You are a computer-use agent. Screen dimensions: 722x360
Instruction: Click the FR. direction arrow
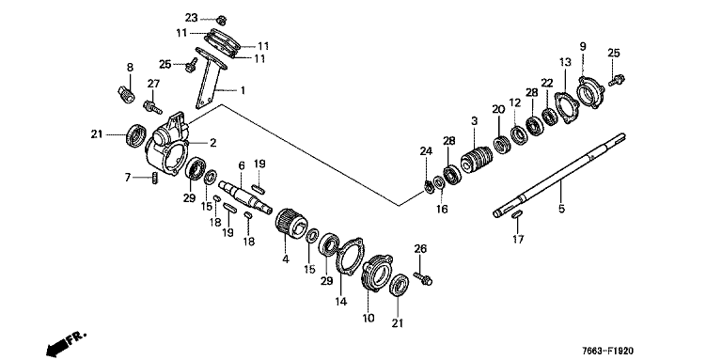pyautogui.click(x=67, y=343)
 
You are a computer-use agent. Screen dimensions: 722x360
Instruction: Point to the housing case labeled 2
pyautogui.click(x=167, y=145)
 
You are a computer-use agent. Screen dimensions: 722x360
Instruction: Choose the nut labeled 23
pyautogui.click(x=221, y=20)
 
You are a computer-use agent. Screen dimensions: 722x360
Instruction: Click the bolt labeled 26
pyautogui.click(x=423, y=278)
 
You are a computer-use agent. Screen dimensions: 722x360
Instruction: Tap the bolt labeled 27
pyautogui.click(x=153, y=108)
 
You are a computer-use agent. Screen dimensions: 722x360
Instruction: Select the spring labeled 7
pyautogui.click(x=155, y=178)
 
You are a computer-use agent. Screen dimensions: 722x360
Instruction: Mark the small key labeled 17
pyautogui.click(x=517, y=213)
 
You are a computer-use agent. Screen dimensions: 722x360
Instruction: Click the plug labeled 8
pyautogui.click(x=126, y=94)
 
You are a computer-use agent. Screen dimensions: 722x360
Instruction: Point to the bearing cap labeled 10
pyautogui.click(x=377, y=273)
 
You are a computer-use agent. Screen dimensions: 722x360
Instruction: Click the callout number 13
pyautogui.click(x=565, y=62)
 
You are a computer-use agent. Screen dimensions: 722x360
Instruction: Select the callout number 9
pyautogui.click(x=583, y=46)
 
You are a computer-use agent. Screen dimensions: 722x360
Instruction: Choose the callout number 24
pyautogui.click(x=426, y=151)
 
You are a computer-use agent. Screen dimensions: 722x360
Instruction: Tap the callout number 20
pyautogui.click(x=498, y=110)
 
